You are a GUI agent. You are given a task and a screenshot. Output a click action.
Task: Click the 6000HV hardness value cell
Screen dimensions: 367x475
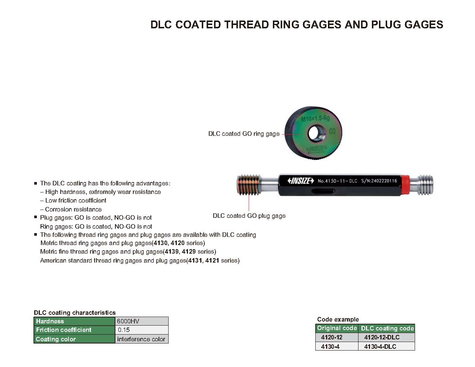(141, 321)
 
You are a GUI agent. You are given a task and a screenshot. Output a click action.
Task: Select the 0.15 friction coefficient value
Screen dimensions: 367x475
(141, 330)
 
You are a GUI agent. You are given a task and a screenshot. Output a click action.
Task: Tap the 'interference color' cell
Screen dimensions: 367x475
(141, 339)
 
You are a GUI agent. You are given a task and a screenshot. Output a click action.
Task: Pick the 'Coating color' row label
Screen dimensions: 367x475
(74, 339)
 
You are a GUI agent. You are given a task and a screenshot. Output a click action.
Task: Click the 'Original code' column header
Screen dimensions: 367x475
(337, 328)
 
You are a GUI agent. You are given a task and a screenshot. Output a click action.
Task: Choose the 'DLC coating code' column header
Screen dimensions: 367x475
(387, 328)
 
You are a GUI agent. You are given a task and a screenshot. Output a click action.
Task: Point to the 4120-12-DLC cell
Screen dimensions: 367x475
(382, 337)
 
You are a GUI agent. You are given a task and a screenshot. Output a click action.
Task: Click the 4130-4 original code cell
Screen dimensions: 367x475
(330, 346)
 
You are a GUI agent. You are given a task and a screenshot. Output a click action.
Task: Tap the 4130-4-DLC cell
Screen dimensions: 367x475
(380, 346)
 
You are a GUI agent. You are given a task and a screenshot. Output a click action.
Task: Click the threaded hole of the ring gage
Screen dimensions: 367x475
(313, 132)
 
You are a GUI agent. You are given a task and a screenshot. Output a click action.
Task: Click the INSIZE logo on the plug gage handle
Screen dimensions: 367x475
(301, 181)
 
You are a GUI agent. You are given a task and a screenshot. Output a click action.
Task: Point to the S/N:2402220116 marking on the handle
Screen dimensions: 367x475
(379, 181)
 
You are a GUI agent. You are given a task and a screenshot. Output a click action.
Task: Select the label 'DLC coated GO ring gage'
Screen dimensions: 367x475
(244, 134)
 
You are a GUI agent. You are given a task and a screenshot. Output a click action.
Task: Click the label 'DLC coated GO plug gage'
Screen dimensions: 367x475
(249, 216)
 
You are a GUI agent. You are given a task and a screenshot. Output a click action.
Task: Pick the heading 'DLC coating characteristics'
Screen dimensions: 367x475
(75, 313)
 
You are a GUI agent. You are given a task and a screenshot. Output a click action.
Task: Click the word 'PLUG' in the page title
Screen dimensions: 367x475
(385, 25)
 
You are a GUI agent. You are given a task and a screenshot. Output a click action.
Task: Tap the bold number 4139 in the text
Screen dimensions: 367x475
(172, 251)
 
